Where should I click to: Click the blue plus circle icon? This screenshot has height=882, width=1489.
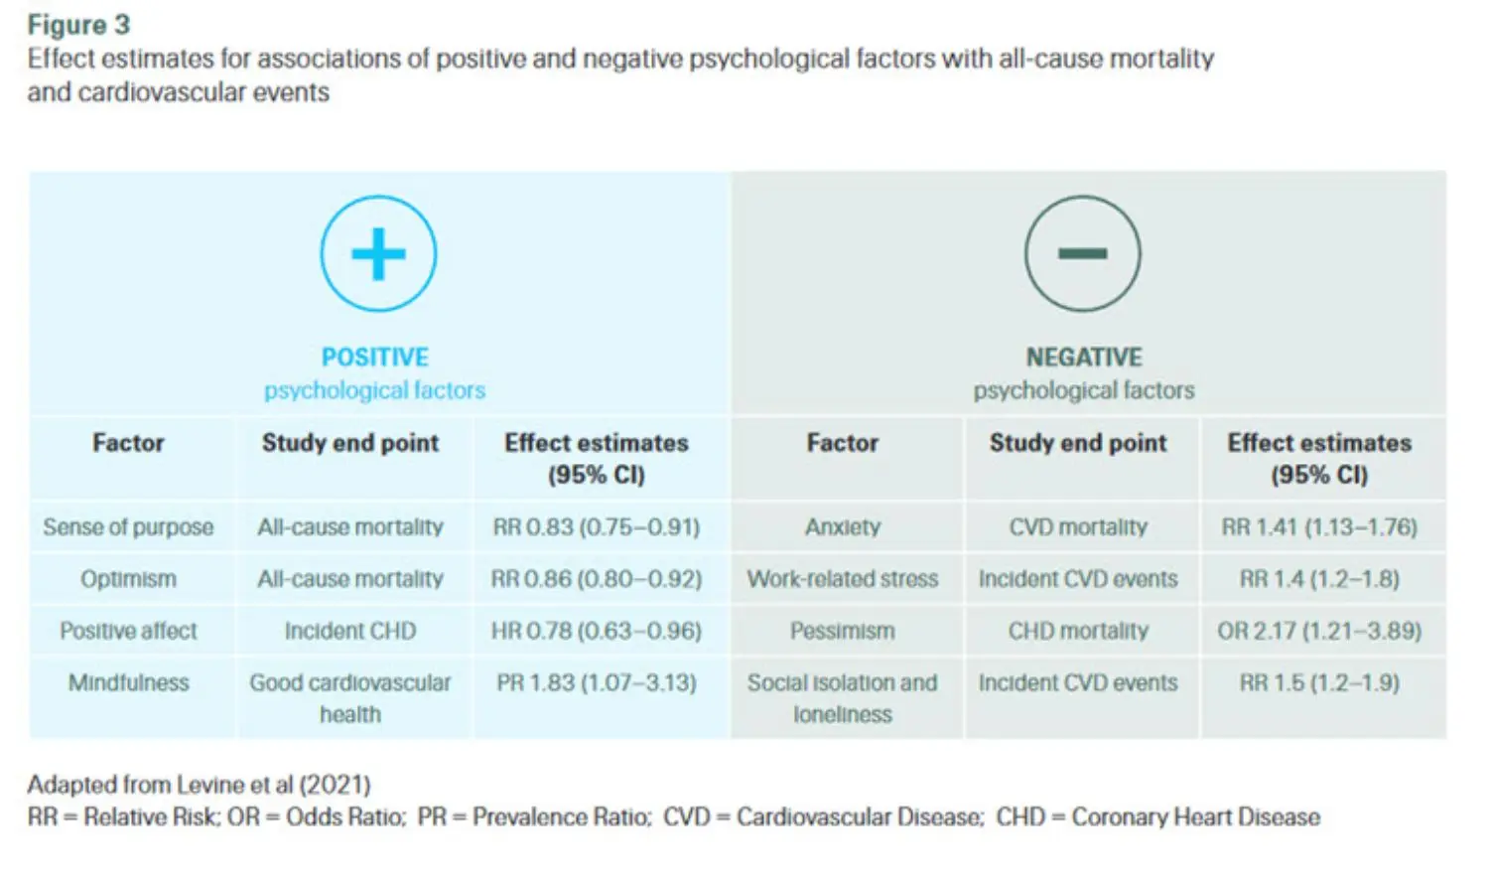[x=378, y=254]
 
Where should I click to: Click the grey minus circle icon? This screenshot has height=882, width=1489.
[x=1082, y=254]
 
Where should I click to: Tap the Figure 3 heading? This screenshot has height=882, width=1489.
[x=78, y=25]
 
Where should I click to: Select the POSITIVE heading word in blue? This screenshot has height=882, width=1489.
[x=375, y=357]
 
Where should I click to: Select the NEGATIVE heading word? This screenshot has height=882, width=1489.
[x=1084, y=357]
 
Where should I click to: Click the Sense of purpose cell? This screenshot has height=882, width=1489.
[x=128, y=527]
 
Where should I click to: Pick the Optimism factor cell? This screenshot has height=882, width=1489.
[x=128, y=579]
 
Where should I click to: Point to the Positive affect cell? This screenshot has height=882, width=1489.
[x=128, y=631]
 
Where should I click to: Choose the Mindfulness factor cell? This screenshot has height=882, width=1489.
[x=128, y=683]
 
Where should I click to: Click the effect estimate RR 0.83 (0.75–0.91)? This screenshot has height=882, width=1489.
[x=597, y=527]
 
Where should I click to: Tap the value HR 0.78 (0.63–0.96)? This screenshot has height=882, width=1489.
[x=597, y=631]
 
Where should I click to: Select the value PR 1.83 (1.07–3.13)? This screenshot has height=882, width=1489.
[x=597, y=683]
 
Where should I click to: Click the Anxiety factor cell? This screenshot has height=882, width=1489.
[x=843, y=527]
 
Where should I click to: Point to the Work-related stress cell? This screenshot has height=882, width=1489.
[x=843, y=579]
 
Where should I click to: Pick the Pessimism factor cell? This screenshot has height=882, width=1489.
[x=843, y=631]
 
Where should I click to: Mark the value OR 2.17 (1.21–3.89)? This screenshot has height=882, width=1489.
[x=1319, y=631]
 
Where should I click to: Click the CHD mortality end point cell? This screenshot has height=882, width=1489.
[x=1078, y=631]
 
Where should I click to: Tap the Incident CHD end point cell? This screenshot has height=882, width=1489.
[x=350, y=631]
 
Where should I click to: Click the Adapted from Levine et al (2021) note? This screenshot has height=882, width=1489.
[x=199, y=785]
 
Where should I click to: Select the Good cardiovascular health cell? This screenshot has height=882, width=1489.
[x=350, y=698]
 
